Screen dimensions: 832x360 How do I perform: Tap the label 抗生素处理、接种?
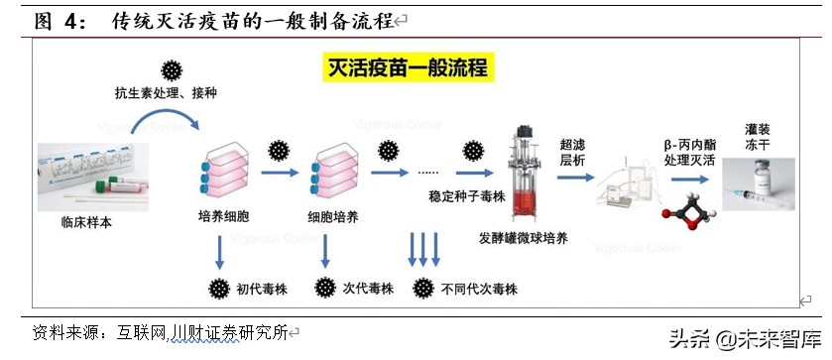tap(166, 92)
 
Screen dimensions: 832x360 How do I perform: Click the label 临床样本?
tap(87, 222)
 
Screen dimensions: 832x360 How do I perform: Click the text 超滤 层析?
tap(573, 152)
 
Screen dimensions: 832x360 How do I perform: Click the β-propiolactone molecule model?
tap(687, 207)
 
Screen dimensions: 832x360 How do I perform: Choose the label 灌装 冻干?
tap(759, 136)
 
